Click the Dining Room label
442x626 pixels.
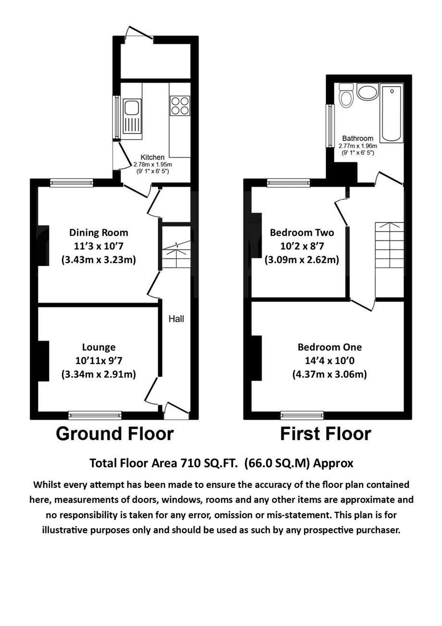click(99, 233)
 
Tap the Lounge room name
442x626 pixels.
click(99, 347)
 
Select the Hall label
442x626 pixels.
click(176, 319)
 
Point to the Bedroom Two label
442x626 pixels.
click(302, 233)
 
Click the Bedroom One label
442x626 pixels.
click(329, 347)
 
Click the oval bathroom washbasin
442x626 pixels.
click(368, 92)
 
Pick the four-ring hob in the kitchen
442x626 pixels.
click(180, 105)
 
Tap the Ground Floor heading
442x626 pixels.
click(114, 433)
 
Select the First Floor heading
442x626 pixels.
click(325, 433)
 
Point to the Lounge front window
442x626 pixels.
click(95, 415)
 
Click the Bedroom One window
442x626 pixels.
click(302, 415)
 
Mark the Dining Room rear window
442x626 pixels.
click(72, 183)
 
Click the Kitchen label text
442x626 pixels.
click(152, 157)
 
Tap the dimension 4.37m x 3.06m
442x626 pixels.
click(329, 374)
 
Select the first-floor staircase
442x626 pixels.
click(389, 260)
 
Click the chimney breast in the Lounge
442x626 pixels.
click(43, 361)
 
